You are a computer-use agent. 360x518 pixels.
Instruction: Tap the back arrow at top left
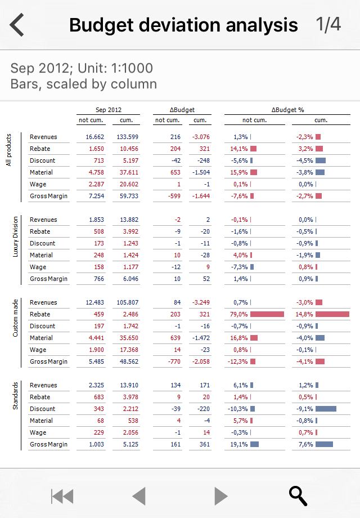point(17,25)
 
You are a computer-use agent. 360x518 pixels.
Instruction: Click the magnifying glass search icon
point(298,495)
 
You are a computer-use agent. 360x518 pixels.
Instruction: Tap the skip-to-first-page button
point(62,496)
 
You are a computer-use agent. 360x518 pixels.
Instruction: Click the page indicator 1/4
point(328,25)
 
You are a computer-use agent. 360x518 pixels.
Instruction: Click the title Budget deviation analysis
point(183,25)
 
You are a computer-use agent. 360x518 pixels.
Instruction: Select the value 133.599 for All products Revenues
point(127,137)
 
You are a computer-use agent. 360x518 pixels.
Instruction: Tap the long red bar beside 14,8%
point(332,314)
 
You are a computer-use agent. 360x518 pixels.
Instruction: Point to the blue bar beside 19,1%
point(254,444)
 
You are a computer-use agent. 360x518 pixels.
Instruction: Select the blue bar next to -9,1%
point(326,409)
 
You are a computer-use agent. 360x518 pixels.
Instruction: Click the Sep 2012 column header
point(109,110)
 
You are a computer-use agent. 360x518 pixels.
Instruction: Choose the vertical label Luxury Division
point(16,237)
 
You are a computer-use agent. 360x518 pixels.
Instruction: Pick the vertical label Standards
point(16,396)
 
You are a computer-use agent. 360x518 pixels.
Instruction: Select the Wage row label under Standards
point(38,432)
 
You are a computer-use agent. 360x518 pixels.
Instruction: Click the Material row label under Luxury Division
point(41,255)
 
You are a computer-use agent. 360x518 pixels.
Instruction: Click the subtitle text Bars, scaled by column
point(83,84)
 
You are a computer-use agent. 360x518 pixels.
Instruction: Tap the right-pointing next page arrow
point(221,496)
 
